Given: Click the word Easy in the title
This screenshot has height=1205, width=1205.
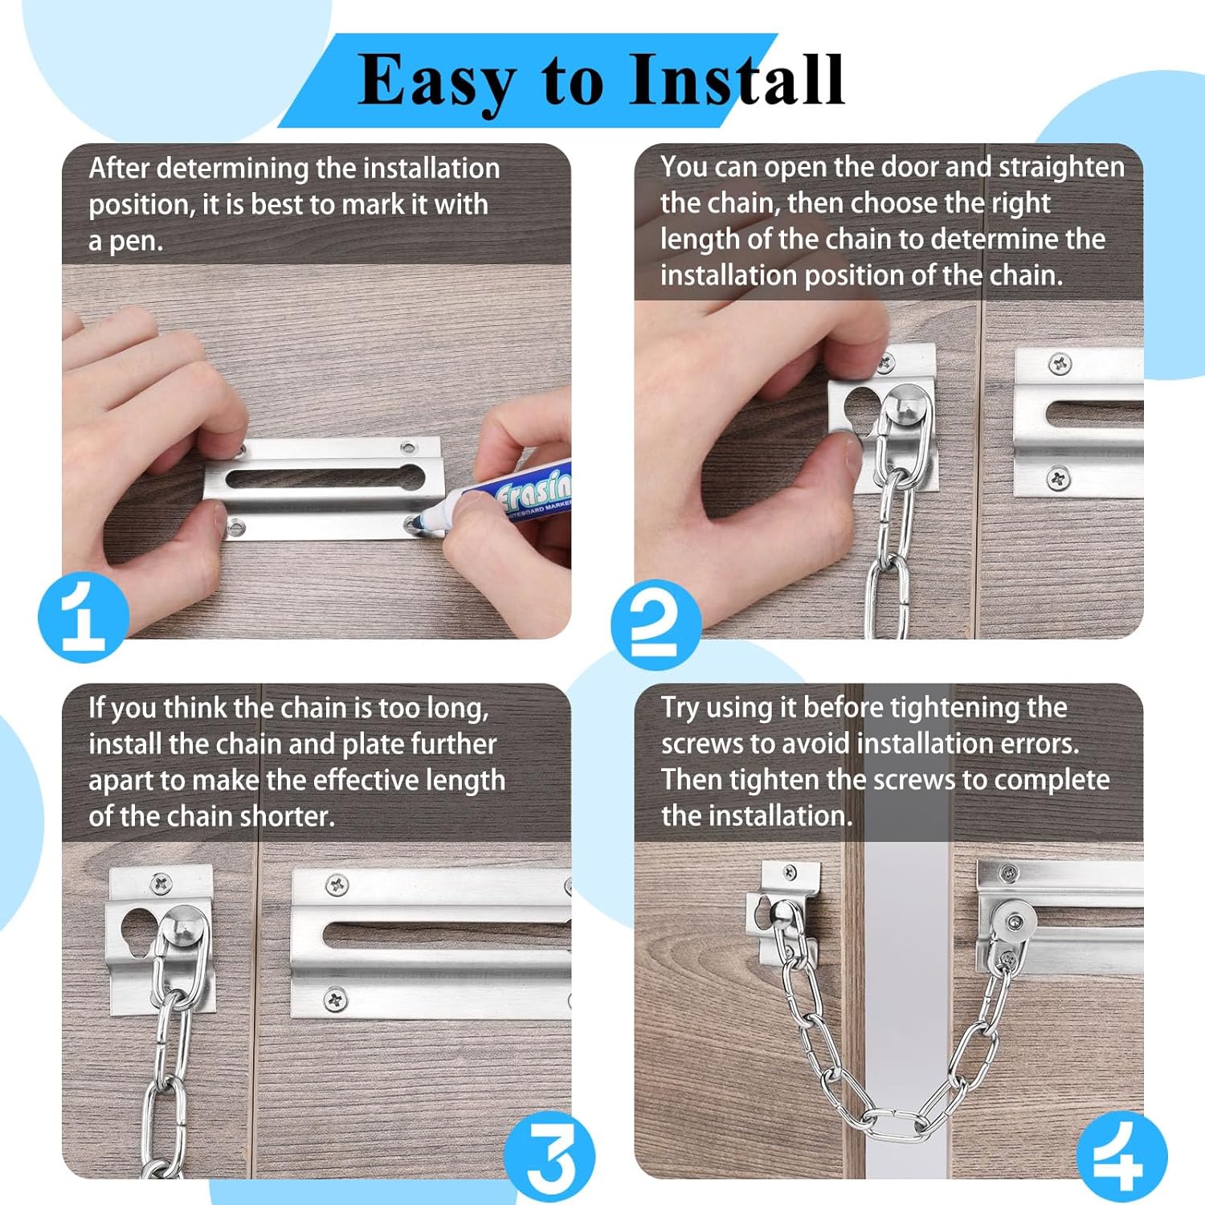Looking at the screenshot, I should tap(436, 81).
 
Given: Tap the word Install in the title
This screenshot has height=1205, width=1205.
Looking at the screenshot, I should tap(736, 80).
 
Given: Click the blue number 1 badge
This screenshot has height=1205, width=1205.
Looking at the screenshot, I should tap(84, 616).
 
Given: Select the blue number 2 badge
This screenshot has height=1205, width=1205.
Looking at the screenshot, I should tap(656, 623).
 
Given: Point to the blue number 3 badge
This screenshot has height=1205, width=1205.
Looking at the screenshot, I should tap(550, 1158).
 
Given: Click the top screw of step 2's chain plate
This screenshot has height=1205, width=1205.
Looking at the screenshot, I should tap(885, 363).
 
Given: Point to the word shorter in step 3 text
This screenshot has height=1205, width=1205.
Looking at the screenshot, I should tap(287, 817).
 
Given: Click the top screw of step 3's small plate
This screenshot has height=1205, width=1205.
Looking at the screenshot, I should tap(161, 884).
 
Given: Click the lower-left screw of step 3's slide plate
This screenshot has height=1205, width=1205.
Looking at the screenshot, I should tap(336, 999).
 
